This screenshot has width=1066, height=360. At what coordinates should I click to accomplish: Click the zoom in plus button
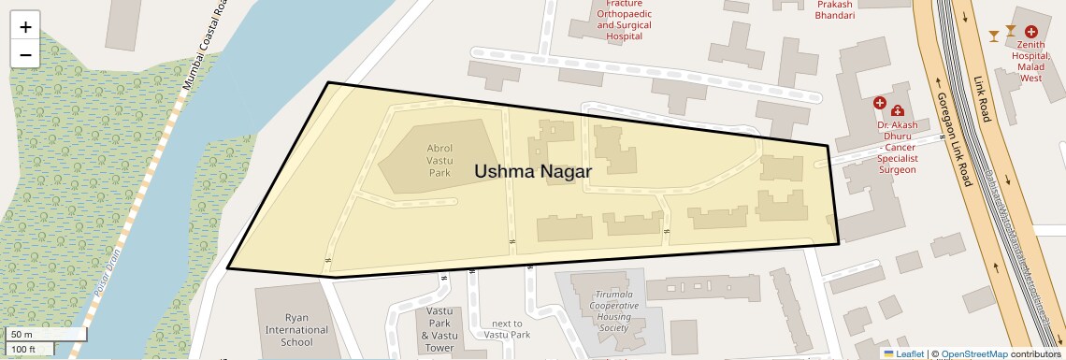click(25, 27)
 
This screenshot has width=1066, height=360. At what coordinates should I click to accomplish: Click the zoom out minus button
click(25, 55)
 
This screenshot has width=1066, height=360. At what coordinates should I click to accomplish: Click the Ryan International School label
click(296, 330)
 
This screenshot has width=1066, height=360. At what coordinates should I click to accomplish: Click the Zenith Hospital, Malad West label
click(1030, 55)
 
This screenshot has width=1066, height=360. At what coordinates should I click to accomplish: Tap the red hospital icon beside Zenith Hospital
click(1031, 32)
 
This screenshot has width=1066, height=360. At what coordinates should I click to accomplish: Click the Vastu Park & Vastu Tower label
click(439, 329)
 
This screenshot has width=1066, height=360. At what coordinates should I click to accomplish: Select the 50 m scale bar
click(47, 334)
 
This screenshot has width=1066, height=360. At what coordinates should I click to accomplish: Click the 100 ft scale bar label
click(23, 350)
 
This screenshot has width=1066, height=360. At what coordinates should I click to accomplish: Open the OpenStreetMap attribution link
click(973, 353)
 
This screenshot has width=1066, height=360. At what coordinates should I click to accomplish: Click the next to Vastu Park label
click(507, 329)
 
